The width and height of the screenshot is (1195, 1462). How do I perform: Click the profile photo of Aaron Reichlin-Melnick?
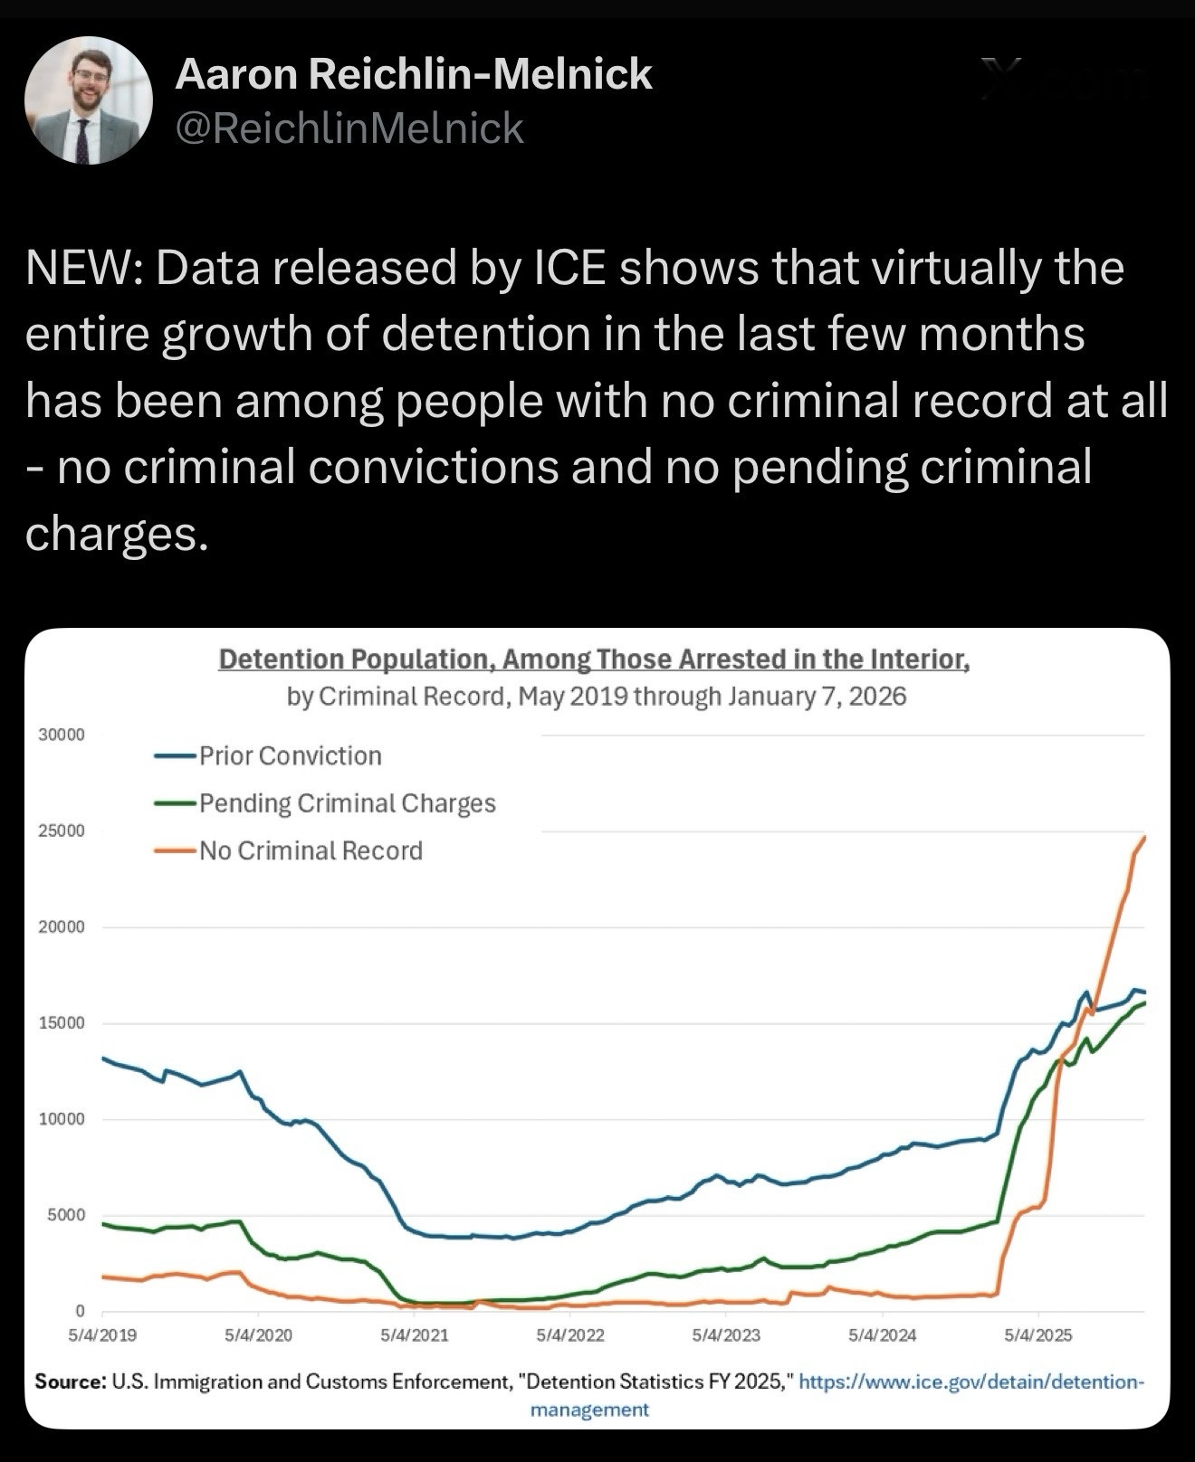(x=88, y=100)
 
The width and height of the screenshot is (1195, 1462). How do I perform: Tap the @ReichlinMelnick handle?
(x=349, y=128)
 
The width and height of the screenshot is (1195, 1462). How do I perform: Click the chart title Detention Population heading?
(x=594, y=659)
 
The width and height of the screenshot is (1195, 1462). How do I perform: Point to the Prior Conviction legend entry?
(x=290, y=755)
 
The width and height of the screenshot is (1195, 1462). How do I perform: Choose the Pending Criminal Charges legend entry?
(x=347, y=803)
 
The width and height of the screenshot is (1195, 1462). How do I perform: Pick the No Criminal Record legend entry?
(x=311, y=850)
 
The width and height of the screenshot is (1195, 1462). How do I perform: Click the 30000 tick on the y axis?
(x=62, y=735)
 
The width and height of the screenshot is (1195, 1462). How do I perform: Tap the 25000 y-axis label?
(x=62, y=831)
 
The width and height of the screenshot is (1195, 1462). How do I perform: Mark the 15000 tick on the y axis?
(x=62, y=1023)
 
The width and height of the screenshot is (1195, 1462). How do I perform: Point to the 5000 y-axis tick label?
(x=66, y=1215)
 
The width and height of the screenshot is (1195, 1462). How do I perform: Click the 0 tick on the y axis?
(x=80, y=1311)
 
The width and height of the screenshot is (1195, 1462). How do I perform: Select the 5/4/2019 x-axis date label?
(x=102, y=1334)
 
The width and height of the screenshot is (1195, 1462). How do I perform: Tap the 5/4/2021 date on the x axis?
(x=415, y=1334)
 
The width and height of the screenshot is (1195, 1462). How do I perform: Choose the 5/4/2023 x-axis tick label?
(x=726, y=1334)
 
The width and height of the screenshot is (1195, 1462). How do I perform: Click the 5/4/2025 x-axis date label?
(x=1038, y=1334)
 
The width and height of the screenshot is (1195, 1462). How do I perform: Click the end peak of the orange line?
(x=1144, y=838)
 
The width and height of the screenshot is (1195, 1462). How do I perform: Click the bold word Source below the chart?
(x=71, y=1381)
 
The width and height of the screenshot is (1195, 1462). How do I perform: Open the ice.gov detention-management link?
(x=972, y=1381)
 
